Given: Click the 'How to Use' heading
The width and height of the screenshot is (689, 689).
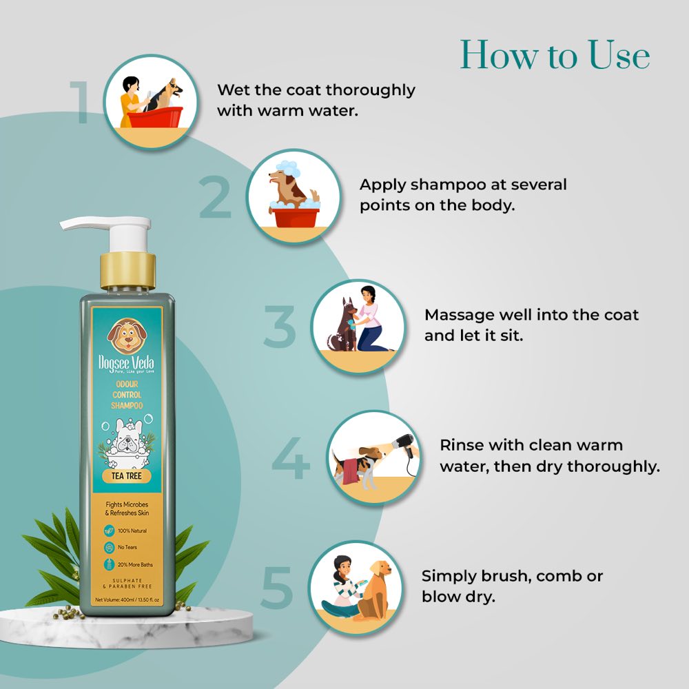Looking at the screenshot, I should point(555,55).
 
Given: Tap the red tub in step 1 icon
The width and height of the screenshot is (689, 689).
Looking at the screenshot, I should point(155,117).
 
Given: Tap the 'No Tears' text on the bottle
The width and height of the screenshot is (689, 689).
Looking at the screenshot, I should point(127,548).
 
